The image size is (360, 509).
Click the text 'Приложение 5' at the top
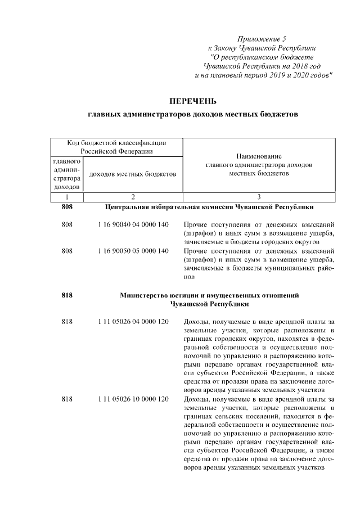point(262,39)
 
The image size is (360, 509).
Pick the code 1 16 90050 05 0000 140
point(133,250)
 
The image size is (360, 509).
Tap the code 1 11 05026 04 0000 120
point(133,321)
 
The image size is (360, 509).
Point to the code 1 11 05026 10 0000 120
point(133,399)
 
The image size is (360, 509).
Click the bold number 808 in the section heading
point(67,206)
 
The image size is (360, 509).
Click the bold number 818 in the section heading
point(67,295)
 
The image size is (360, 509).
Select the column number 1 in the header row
point(67,197)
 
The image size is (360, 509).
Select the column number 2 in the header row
point(133,197)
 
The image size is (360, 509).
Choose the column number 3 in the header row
point(259,197)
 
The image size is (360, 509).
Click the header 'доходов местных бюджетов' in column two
point(133,174)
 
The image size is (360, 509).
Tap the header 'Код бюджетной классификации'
point(117,143)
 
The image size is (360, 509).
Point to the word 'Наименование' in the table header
point(259,156)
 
